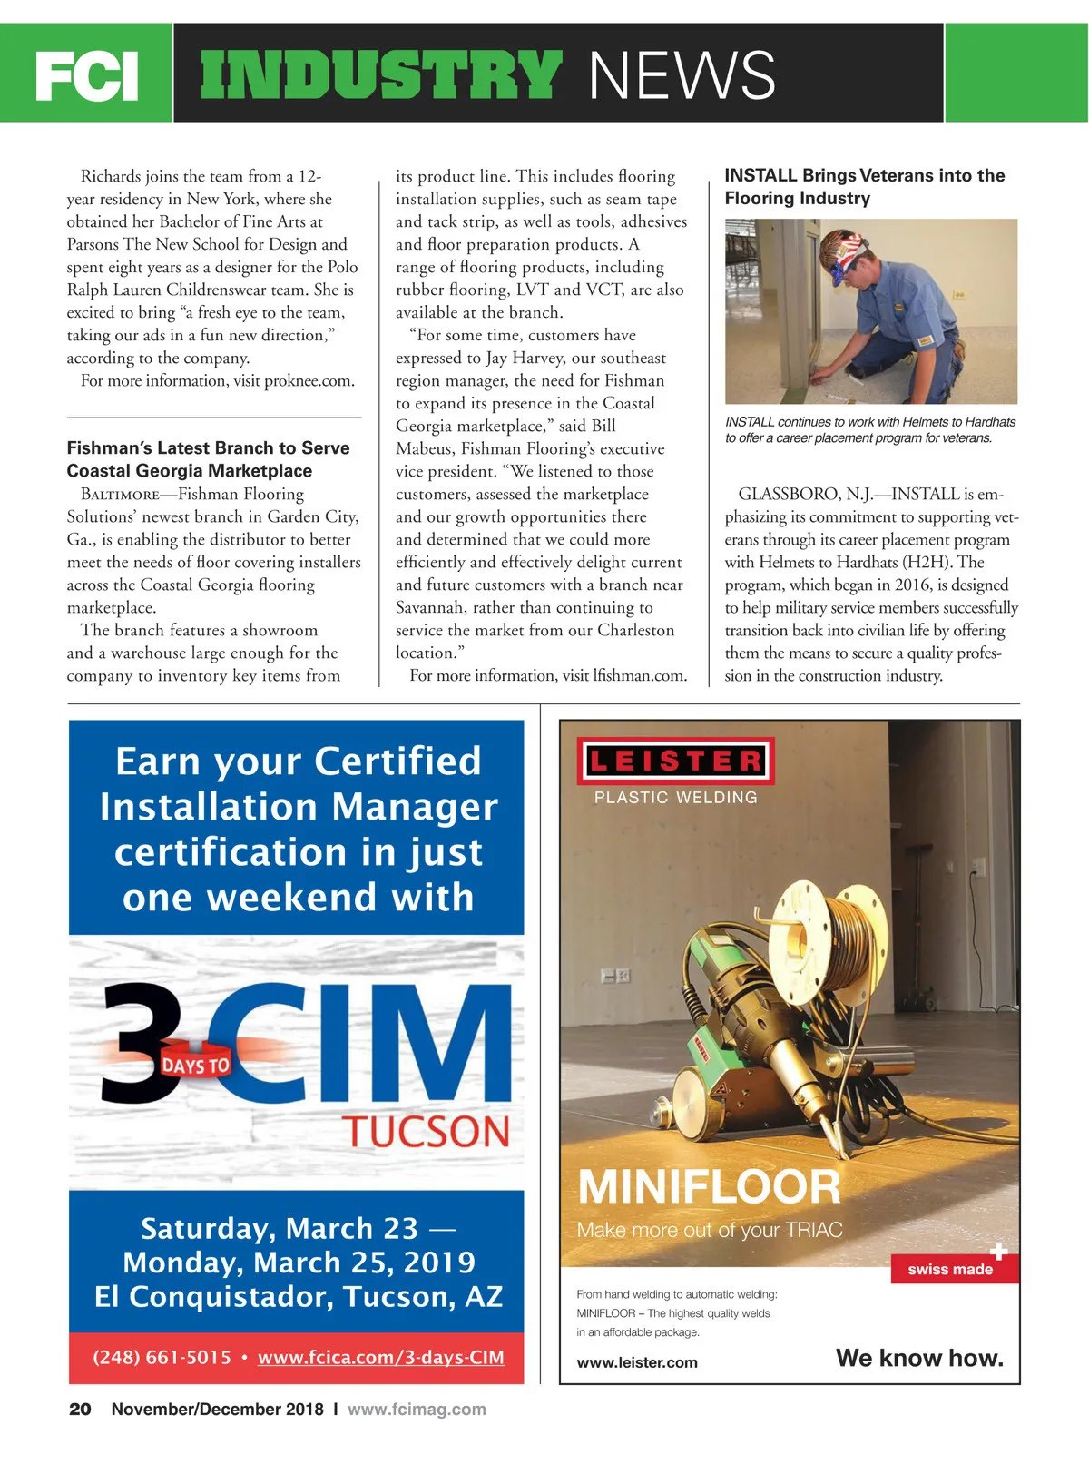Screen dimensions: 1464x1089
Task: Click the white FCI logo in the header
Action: point(87,76)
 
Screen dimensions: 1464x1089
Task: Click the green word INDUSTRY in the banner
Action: point(381,74)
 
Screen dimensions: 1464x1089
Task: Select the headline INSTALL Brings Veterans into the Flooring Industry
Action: point(864,187)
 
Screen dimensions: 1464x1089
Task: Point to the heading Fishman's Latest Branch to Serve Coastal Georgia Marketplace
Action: point(208,459)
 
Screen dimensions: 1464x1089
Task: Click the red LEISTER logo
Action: point(675,761)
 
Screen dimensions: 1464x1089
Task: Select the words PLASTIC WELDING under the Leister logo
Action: point(675,798)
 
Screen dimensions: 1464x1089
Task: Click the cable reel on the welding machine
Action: point(835,935)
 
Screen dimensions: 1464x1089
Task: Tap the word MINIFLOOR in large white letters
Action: point(709,1186)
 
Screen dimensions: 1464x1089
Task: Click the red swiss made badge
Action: point(951,1269)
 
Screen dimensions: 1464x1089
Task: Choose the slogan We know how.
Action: point(919,1358)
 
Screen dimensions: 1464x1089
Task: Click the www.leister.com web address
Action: point(637,1362)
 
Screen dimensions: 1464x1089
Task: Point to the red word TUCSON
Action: point(426,1132)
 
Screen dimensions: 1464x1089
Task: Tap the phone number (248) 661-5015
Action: point(162,1358)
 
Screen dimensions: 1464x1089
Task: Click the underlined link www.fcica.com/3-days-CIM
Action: point(380,1358)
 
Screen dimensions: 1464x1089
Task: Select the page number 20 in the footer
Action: point(80,1410)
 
